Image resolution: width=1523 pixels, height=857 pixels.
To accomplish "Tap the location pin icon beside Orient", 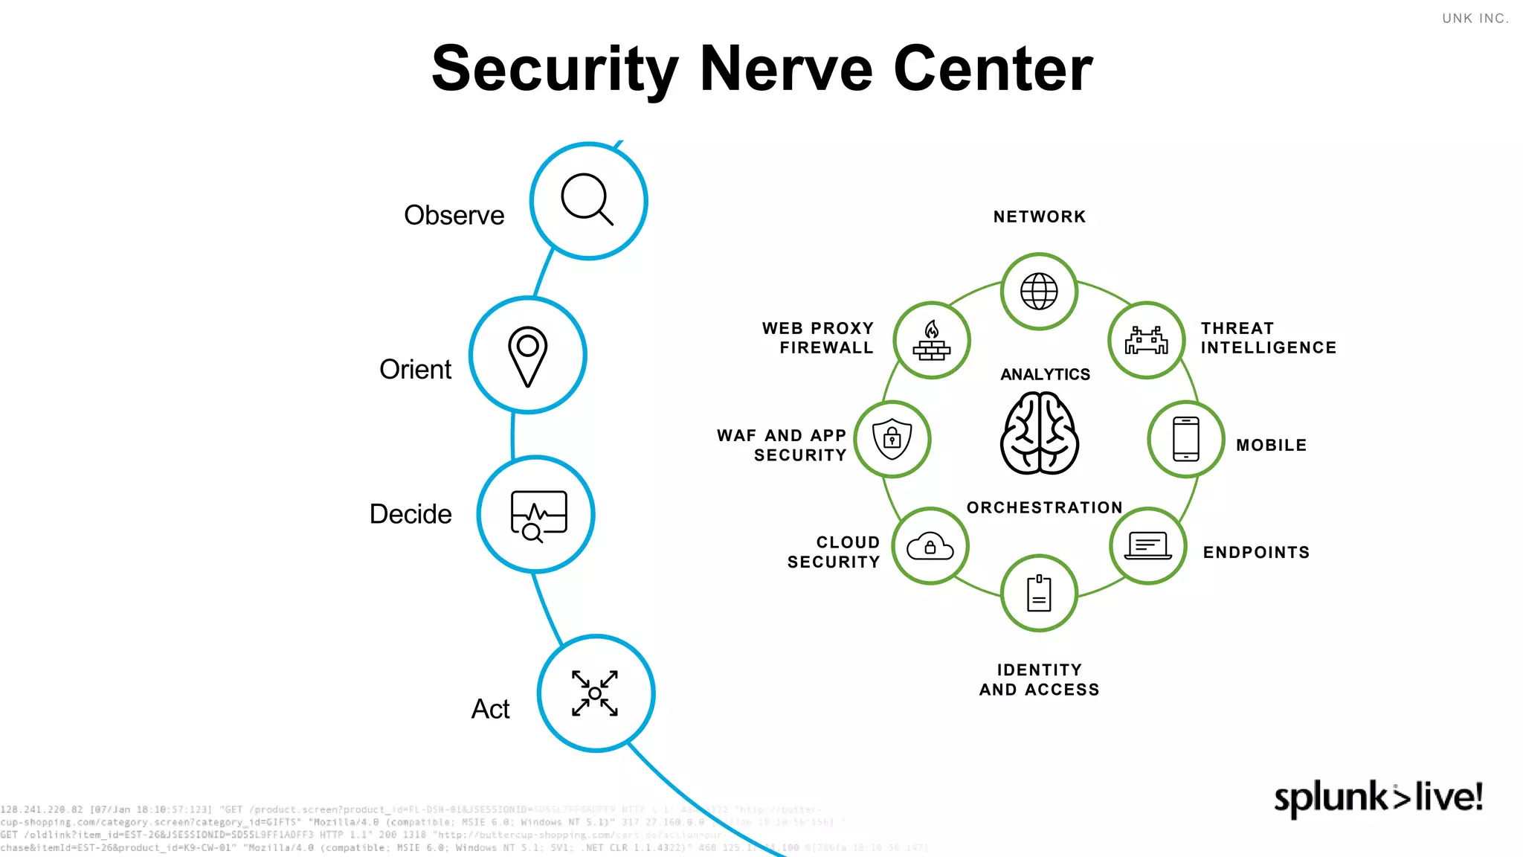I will pyautogui.click(x=528, y=356).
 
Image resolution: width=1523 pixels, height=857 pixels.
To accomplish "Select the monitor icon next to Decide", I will pyautogui.click(x=538, y=515).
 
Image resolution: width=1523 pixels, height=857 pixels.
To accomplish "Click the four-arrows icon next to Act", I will pyautogui.click(x=595, y=693).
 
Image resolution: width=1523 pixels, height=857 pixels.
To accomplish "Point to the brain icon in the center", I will pyautogui.click(x=1039, y=434).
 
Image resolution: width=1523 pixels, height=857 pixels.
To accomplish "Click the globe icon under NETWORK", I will pyautogui.click(x=1039, y=291).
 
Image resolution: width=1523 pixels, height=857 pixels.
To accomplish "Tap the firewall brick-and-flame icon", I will pyautogui.click(x=932, y=341).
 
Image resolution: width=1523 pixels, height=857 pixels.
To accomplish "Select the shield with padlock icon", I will pyautogui.click(x=892, y=439).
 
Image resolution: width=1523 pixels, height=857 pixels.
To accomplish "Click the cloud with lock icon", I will pyautogui.click(x=930, y=547).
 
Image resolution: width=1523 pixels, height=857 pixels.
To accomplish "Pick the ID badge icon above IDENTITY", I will pyautogui.click(x=1039, y=594).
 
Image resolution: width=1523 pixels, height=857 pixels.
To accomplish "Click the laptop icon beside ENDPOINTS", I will pyautogui.click(x=1147, y=546).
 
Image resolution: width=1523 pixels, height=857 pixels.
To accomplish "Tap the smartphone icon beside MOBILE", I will pyautogui.click(x=1185, y=439).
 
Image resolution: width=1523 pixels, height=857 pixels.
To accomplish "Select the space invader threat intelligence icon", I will pyautogui.click(x=1146, y=341).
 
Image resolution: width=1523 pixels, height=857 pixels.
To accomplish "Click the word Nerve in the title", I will pyautogui.click(x=786, y=68).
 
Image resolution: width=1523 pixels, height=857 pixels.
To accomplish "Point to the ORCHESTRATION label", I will pyautogui.click(x=1044, y=507).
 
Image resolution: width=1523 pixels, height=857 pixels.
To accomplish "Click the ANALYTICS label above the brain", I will pyautogui.click(x=1045, y=374).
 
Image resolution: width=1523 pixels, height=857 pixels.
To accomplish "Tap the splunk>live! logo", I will pyautogui.click(x=1378, y=797).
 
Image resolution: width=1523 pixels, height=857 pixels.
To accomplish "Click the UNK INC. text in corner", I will pyautogui.click(x=1475, y=19).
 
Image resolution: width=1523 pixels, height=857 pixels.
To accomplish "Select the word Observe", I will pyautogui.click(x=454, y=215).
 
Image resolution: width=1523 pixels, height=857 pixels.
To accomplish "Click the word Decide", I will pyautogui.click(x=410, y=514).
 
